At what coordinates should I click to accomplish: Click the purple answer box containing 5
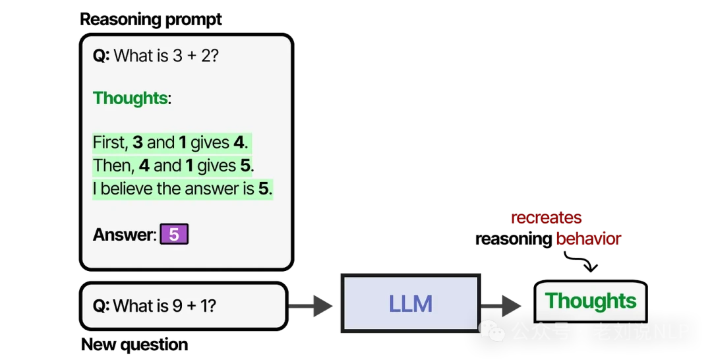[174, 235]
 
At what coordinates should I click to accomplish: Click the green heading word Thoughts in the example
[130, 98]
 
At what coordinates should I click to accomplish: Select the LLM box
[410, 303]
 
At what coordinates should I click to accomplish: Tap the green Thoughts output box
[591, 301]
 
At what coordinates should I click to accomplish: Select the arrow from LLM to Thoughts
[500, 305]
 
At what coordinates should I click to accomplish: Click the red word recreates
[547, 219]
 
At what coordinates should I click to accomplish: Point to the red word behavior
[588, 239]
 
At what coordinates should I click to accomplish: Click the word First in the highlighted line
[108, 143]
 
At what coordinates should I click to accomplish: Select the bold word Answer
[123, 235]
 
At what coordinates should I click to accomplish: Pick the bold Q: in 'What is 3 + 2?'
[101, 56]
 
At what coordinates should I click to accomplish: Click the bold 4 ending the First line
[239, 143]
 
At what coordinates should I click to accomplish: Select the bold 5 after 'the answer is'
[263, 189]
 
